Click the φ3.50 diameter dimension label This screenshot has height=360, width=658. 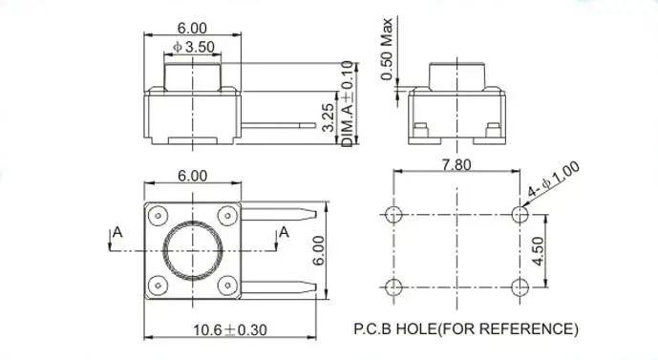194,47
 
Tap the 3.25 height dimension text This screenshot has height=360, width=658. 329,117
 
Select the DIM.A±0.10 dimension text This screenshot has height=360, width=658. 348,104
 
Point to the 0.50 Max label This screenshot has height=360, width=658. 387,49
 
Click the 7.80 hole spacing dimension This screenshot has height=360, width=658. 456,165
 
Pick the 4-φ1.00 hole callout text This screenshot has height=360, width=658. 554,180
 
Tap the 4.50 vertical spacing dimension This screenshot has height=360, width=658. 538,251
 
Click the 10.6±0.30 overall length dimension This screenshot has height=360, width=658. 230,330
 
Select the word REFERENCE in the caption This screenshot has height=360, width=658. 526,328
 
